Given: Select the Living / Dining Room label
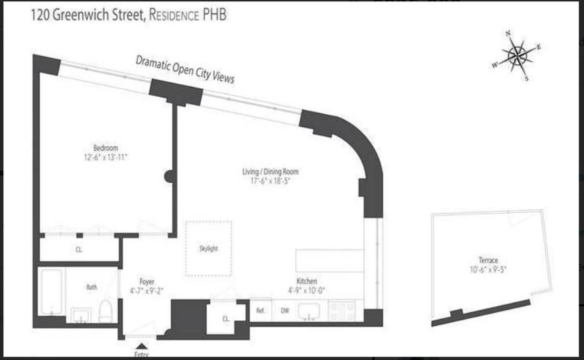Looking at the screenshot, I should [x=266, y=172].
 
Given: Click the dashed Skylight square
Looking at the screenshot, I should [x=208, y=248].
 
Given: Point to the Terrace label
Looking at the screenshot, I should [x=488, y=261].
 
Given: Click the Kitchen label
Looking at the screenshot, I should [x=307, y=281].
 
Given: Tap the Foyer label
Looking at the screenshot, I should [x=146, y=281].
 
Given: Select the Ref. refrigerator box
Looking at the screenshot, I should [x=261, y=310].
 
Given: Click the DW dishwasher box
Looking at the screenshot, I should [x=284, y=310].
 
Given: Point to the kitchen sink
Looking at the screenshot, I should [x=309, y=310].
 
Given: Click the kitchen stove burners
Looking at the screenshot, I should [x=342, y=309].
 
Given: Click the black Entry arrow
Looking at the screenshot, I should [x=141, y=345].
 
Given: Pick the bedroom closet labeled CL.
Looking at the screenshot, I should [x=78, y=249].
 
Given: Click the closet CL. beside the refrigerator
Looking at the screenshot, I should [x=225, y=319].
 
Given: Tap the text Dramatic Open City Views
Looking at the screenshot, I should [x=185, y=69].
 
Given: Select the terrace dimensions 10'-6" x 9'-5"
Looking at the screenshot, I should [x=488, y=270].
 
